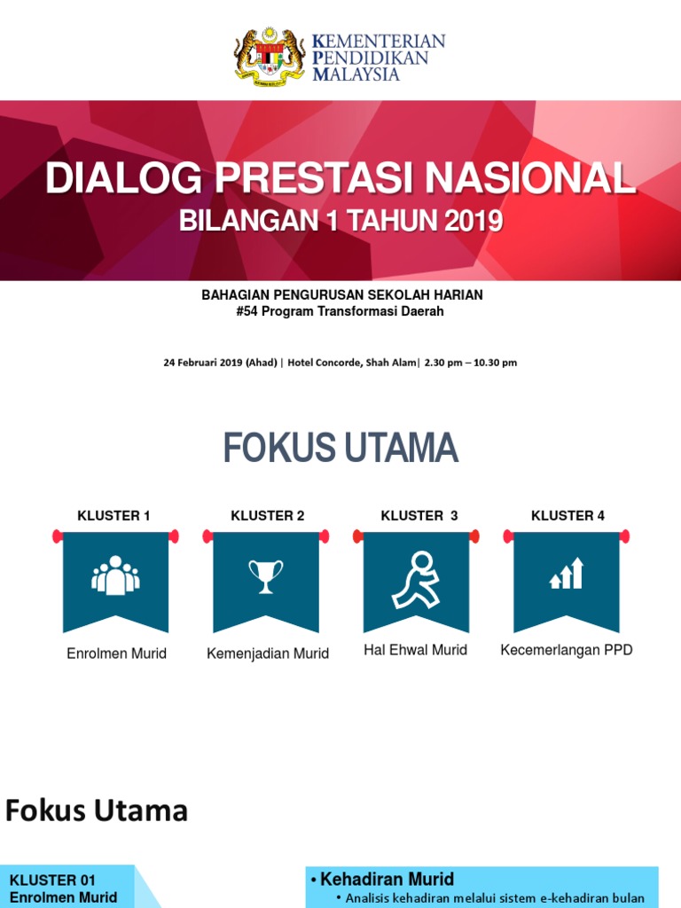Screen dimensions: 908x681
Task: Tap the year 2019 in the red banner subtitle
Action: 474,220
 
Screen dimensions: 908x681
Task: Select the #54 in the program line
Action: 246,311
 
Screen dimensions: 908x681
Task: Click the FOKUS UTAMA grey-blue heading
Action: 340,449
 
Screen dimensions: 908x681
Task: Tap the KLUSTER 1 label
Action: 113,515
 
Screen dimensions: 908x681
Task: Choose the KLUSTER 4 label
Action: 567,515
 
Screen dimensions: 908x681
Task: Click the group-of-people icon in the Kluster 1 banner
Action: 115,575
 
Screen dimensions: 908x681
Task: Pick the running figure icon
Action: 416,579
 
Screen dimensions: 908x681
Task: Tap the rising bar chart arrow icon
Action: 567,574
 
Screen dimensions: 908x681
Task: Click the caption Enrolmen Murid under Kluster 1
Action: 116,654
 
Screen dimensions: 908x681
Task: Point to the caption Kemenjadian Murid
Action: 268,654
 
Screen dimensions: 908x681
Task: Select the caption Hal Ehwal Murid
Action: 415,650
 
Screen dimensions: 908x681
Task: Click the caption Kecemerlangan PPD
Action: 567,650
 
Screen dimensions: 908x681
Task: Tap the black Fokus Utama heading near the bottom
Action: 97,810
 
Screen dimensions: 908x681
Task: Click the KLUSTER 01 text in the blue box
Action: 52,881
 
